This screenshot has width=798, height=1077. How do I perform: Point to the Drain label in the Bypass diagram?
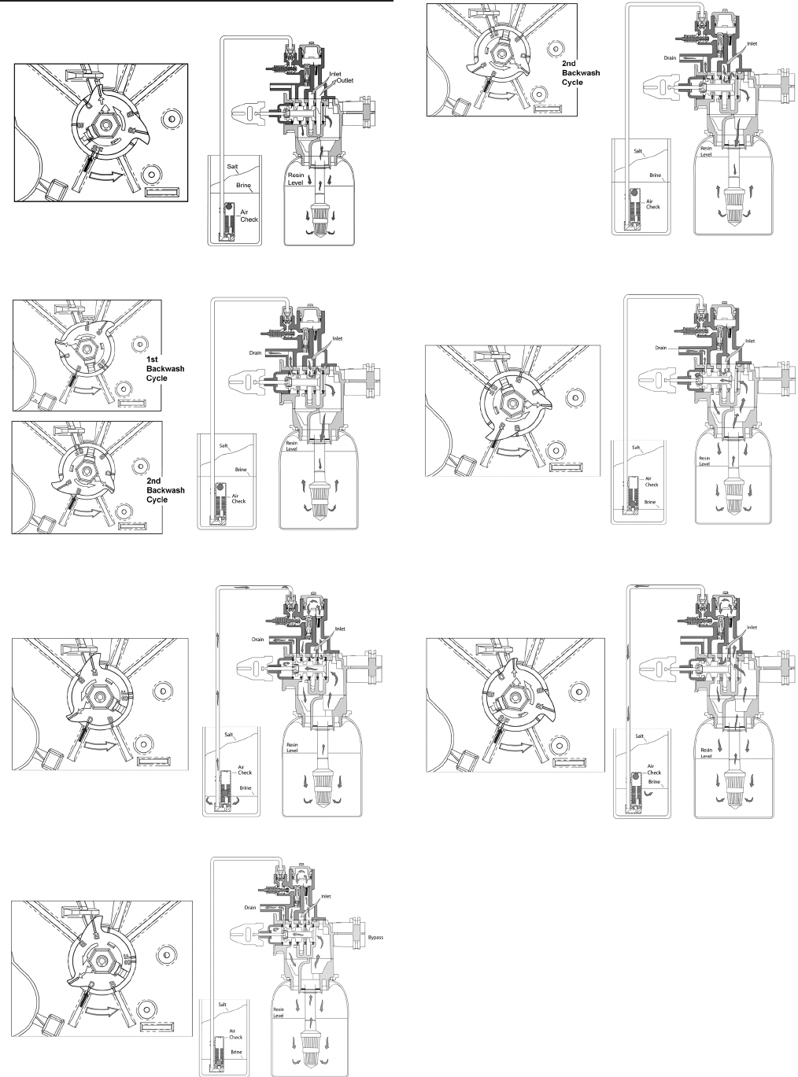250,907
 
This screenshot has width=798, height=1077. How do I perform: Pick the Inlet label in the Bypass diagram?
326,896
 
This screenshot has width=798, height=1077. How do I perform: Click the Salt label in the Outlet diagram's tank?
233,166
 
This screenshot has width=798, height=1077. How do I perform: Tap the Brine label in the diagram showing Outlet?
245,186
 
